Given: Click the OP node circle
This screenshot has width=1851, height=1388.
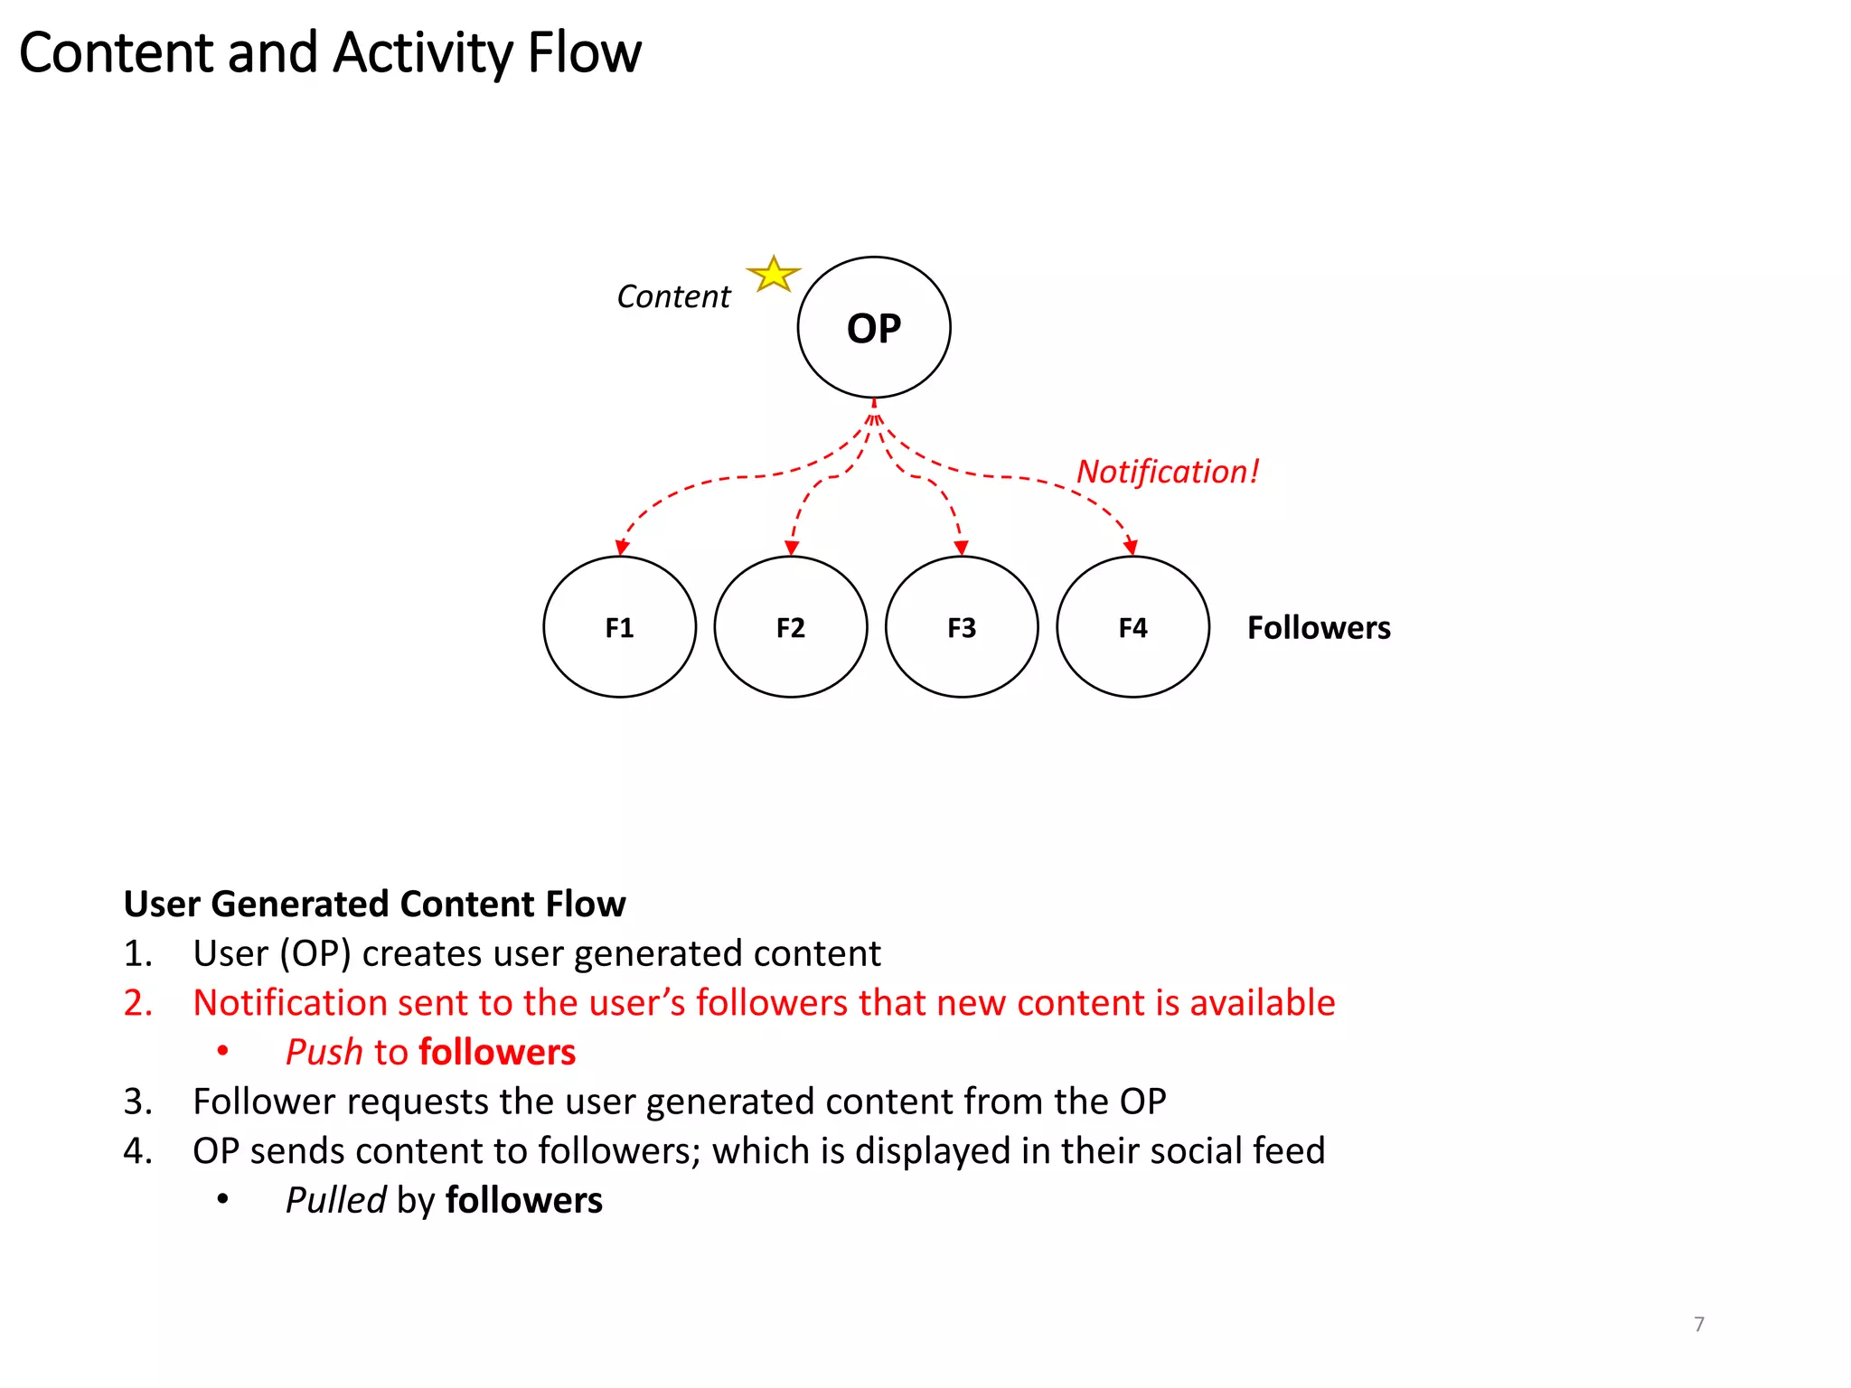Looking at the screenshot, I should (x=873, y=327).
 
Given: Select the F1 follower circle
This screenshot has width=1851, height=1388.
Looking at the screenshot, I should (x=619, y=627).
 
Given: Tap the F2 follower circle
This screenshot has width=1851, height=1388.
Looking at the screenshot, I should (x=790, y=627).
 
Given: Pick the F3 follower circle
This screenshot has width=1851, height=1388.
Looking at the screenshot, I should (x=962, y=627).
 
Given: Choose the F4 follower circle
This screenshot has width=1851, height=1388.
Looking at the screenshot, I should (x=1132, y=627).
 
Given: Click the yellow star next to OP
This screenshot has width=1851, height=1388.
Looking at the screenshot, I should (x=774, y=275).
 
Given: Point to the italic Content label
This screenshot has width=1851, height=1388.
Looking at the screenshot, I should (x=673, y=296).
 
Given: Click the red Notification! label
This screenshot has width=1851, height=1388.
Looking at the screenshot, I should (x=1167, y=472).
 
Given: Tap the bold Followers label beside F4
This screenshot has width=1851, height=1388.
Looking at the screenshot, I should (x=1319, y=627).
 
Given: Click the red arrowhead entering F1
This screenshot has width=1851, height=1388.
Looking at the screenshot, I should (x=622, y=548).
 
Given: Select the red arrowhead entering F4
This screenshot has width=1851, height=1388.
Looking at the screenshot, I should (x=1131, y=548).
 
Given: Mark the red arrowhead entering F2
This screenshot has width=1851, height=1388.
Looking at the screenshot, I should (x=792, y=548).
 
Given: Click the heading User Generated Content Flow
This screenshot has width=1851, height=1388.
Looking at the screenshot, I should (x=374, y=904).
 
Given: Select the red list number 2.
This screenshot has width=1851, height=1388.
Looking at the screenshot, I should (x=136, y=1003).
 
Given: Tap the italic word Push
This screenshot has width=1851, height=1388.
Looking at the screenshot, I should (x=324, y=1053).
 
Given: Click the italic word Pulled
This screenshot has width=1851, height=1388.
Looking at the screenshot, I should (x=335, y=1201).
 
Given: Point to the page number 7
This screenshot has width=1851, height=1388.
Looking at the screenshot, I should (x=1699, y=1324).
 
